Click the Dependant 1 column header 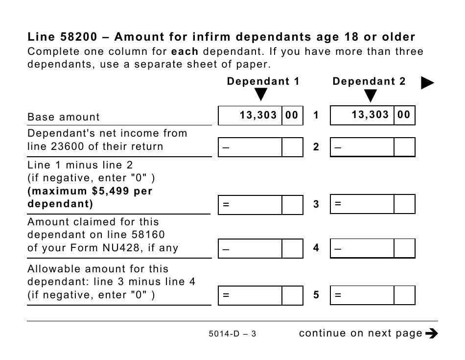(x=263, y=82)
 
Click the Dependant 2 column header (x=369, y=82)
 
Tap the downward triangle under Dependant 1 (x=261, y=95)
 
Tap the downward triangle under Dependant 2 (x=371, y=96)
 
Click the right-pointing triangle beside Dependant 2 (x=428, y=84)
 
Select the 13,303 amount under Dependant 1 (x=258, y=116)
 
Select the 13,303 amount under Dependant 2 (x=370, y=115)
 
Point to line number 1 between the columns (x=316, y=116)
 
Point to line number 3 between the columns (x=316, y=205)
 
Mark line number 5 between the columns (x=316, y=295)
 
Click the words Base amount (x=64, y=117)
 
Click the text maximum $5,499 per (x=91, y=191)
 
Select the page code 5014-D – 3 (x=232, y=334)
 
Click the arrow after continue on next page (x=432, y=334)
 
